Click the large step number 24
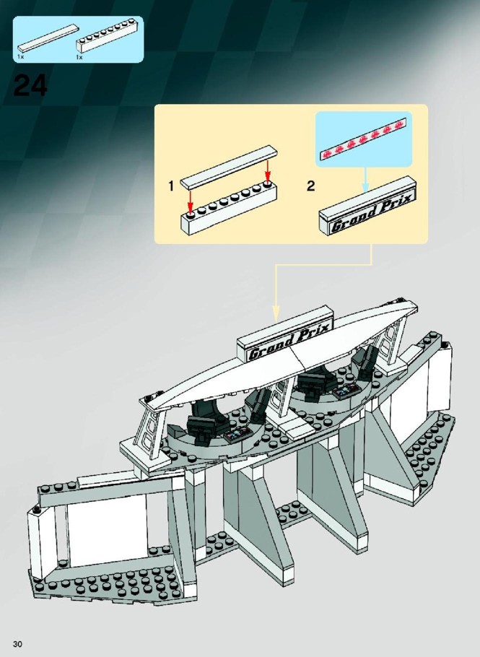30,87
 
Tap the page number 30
17,644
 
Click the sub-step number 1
171,186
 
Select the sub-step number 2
310,186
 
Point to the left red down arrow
190,201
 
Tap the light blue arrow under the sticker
365,180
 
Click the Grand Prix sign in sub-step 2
368,206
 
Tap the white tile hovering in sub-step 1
229,167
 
